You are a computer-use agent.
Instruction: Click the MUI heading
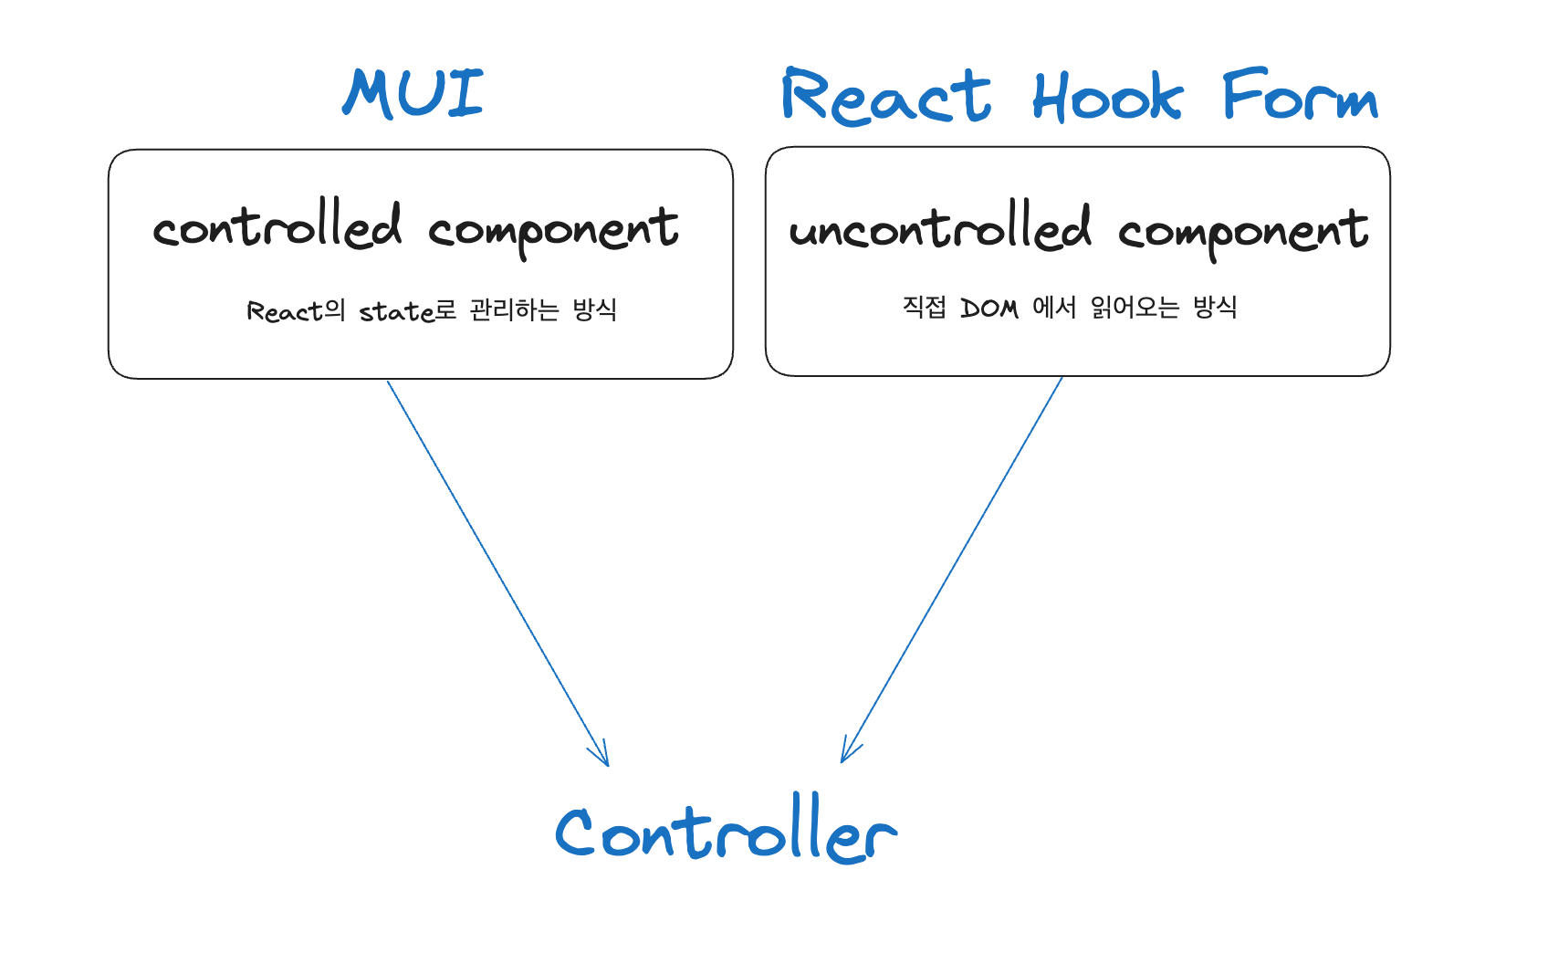[x=413, y=93]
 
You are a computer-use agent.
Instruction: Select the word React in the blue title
[x=885, y=97]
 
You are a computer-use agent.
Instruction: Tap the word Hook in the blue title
[x=1107, y=97]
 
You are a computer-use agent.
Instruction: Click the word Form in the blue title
[x=1300, y=97]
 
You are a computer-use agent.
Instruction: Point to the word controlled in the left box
[x=277, y=226]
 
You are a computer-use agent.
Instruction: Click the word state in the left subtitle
[x=396, y=312]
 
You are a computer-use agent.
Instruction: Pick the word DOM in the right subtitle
[x=988, y=309]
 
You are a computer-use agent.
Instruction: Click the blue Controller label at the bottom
[x=726, y=831]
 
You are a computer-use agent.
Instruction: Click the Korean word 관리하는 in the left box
[x=514, y=310]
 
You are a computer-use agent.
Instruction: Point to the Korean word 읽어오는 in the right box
[x=1135, y=308]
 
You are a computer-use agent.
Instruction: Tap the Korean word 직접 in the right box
[x=924, y=307]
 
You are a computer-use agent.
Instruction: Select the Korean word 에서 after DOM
[x=1054, y=308]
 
